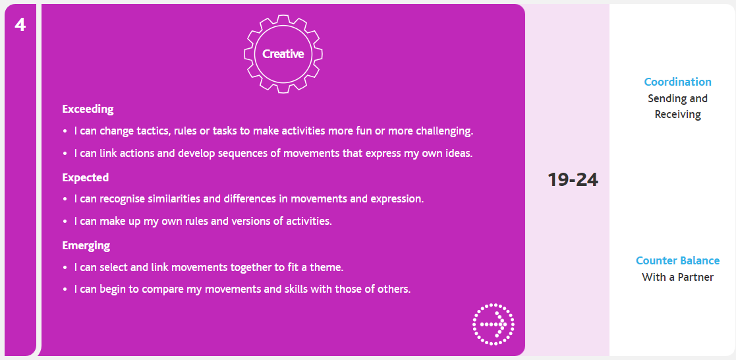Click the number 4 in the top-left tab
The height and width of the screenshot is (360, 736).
[x=20, y=25]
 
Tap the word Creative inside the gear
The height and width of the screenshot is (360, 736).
[x=283, y=54]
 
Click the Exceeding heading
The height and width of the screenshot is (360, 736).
[x=88, y=109]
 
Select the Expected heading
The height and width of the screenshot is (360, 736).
[x=86, y=177]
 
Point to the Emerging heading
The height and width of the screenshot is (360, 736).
[x=86, y=245]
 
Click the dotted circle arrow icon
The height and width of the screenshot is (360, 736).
[x=494, y=324]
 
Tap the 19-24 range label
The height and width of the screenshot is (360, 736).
[x=573, y=180]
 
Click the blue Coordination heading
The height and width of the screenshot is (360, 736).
[x=677, y=82]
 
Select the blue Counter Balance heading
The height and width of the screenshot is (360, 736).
[x=677, y=260]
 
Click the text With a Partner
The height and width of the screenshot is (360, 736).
[x=677, y=278]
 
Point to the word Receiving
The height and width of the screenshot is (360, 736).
[x=677, y=114]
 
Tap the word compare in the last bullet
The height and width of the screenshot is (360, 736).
[x=160, y=289]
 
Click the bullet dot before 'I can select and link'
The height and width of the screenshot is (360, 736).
[x=65, y=268]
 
